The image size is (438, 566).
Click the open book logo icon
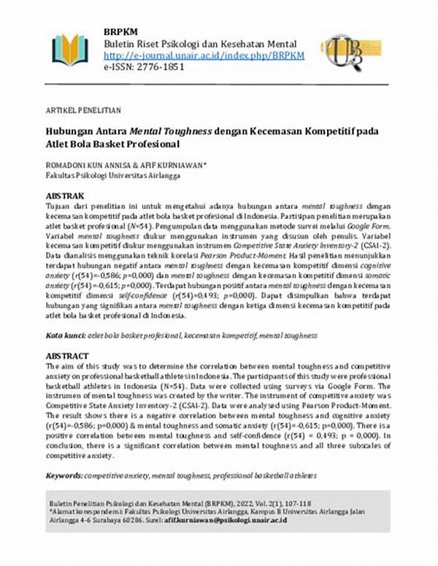click(x=70, y=50)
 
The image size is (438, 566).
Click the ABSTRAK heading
click(x=65, y=196)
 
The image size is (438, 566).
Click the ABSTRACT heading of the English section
click(x=67, y=356)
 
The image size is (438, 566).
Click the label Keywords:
click(x=64, y=475)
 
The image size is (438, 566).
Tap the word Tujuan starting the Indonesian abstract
click(x=60, y=206)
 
